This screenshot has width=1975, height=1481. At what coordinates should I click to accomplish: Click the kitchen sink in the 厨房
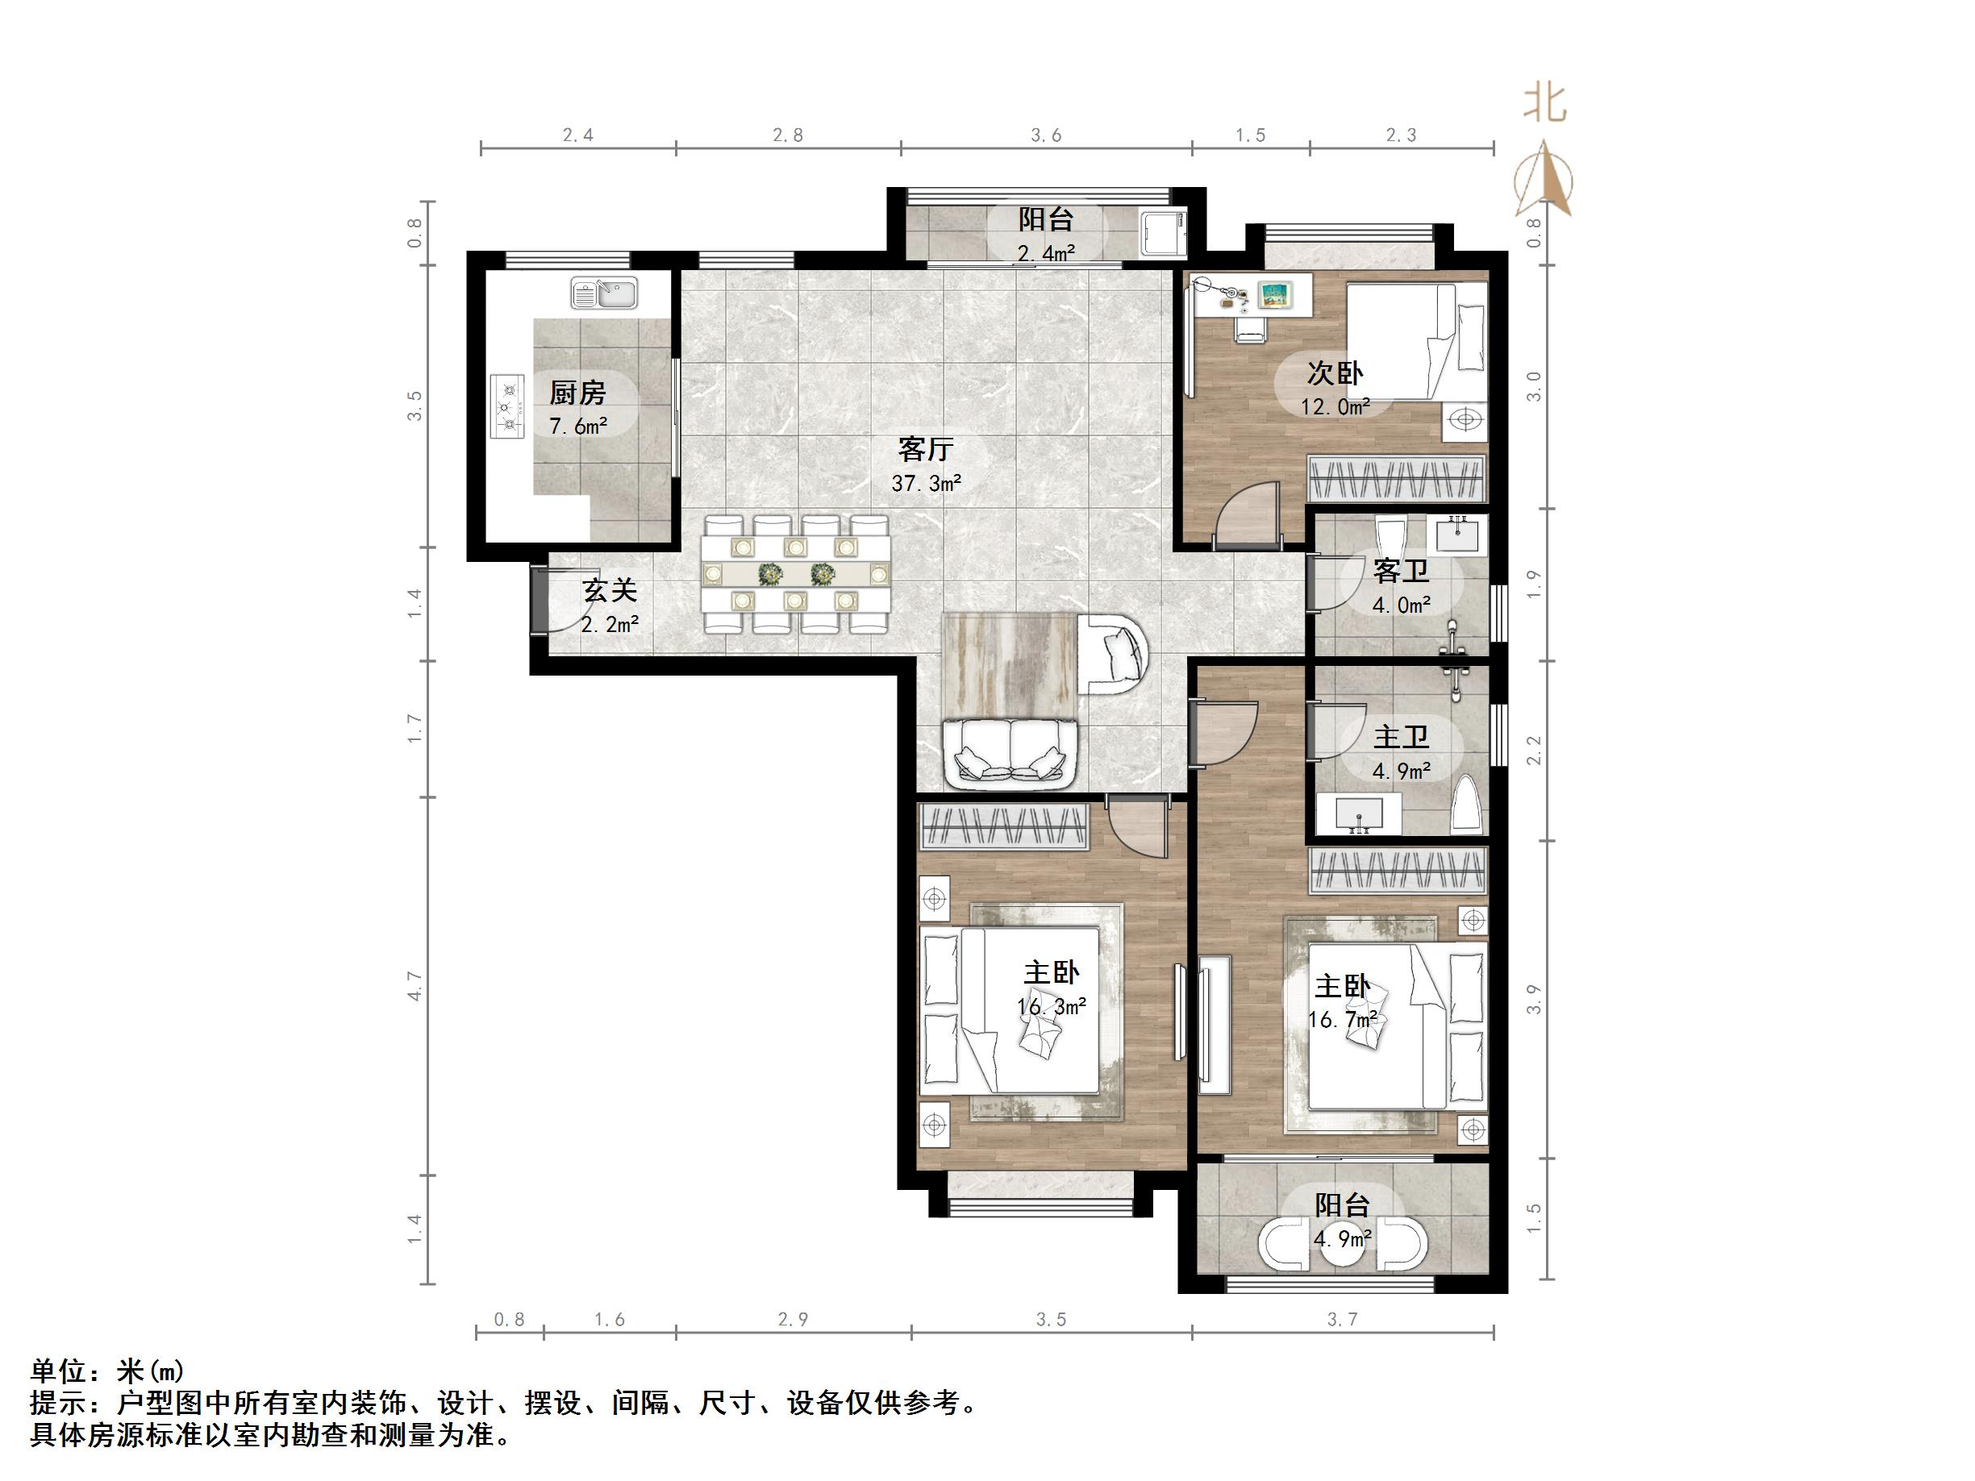point(605,293)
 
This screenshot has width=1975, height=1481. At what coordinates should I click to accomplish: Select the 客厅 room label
point(926,449)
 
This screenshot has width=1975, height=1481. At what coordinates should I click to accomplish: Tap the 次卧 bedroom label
point(1335,372)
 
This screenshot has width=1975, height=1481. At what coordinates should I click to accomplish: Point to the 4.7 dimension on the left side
point(415,984)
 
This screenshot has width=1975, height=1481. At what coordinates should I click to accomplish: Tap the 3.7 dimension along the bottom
point(1342,1320)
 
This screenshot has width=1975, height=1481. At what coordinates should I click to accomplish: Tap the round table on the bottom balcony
point(1343,1243)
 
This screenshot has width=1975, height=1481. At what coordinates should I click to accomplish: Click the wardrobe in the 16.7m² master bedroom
point(1398,871)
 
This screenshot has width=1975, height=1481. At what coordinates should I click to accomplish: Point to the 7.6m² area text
point(577,426)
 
